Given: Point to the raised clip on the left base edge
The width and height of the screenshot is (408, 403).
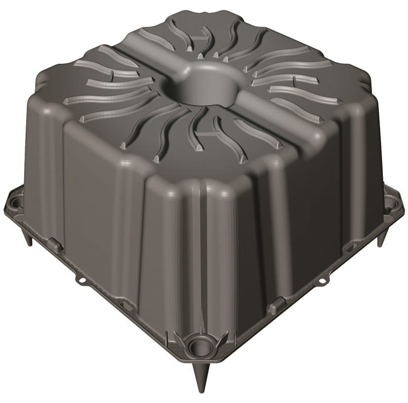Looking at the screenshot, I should (55, 244).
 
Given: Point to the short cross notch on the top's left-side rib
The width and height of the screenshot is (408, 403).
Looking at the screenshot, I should (111, 77).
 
